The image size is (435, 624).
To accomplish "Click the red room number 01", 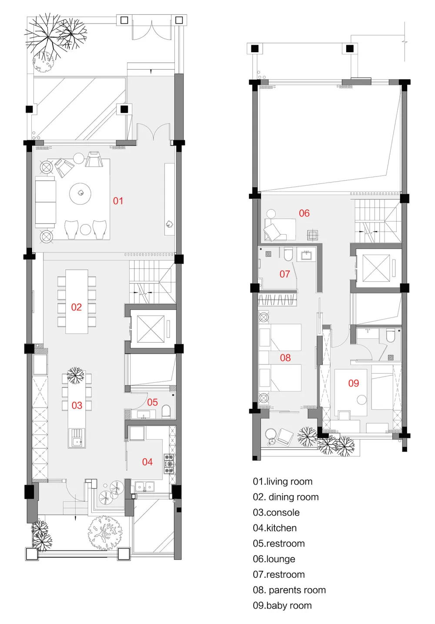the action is coord(118,201).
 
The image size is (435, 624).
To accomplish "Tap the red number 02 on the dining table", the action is coord(76,307).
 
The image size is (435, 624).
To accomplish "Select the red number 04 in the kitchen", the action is coord(147,462).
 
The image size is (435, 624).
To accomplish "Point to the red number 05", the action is coord(152,402).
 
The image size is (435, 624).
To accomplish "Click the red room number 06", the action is coord(304,213).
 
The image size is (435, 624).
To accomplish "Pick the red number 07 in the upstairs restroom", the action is coord(284,274).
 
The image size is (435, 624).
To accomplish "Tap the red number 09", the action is coord(354,383).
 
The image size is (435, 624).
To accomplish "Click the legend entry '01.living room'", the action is coord(282,482).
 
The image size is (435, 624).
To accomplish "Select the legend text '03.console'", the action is coord(276,513).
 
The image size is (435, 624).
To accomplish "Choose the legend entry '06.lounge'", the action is coord(274,559).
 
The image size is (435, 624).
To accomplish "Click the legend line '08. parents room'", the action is coord(289,590).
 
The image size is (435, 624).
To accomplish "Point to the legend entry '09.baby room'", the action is coord(282,606).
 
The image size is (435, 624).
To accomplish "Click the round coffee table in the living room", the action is coord(80,194).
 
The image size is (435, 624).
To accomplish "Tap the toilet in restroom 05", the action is coord(166,412).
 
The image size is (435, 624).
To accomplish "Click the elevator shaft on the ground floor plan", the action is coord(151,329).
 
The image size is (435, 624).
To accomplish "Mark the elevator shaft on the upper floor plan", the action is coord(376,268).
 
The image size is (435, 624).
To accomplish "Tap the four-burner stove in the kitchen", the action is coord(169,464).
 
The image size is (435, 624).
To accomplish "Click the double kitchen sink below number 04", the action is coord(144,487).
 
